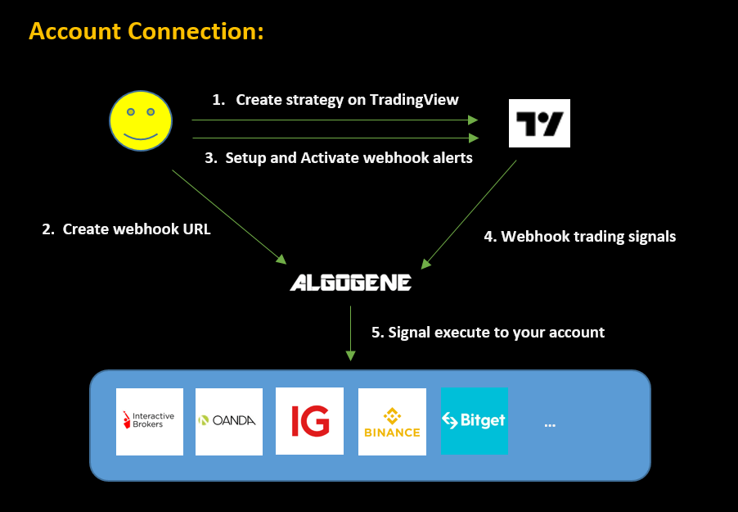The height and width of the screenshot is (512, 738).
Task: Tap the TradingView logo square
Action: pyautogui.click(x=539, y=123)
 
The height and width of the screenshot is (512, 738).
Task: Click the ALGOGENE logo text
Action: pyautogui.click(x=350, y=283)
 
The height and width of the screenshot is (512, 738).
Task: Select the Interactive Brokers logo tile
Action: pyautogui.click(x=149, y=421)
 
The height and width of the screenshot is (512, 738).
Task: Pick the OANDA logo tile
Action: pyautogui.click(x=229, y=421)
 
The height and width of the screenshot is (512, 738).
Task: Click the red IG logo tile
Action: pyautogui.click(x=309, y=421)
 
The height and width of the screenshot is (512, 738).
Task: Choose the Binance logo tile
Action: pyautogui.click(x=392, y=421)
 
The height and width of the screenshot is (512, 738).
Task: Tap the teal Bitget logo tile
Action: pyautogui.click(x=475, y=421)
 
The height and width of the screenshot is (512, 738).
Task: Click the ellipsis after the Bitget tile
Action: pyautogui.click(x=550, y=424)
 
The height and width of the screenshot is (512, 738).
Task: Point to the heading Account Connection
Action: pyautogui.click(x=146, y=32)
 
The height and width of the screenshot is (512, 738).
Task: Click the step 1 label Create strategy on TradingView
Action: pyautogui.click(x=335, y=99)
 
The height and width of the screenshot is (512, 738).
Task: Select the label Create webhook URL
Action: pyautogui.click(x=126, y=229)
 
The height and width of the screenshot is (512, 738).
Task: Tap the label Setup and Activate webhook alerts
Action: pyautogui.click(x=339, y=157)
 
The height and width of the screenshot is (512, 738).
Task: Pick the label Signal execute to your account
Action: pyautogui.click(x=488, y=332)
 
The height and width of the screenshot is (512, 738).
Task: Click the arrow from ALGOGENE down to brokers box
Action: pyautogui.click(x=350, y=332)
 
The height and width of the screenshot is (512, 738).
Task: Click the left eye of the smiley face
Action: pyautogui.click(x=130, y=111)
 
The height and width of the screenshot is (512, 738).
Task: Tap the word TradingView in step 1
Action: pyautogui.click(x=414, y=99)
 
